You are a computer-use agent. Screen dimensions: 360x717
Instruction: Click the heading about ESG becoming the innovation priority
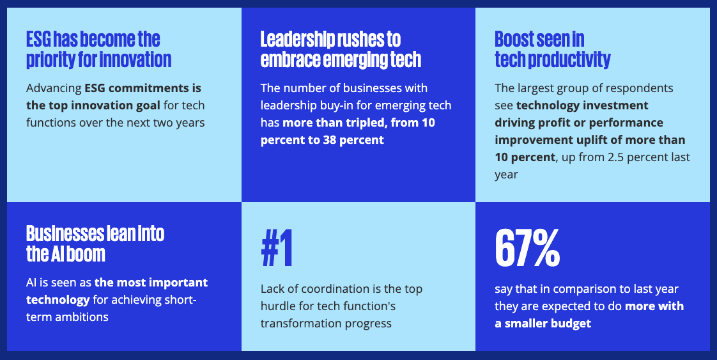(98, 49)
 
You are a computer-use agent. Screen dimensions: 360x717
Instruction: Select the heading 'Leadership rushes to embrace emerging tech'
(341, 49)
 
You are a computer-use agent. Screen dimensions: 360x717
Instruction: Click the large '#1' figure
(277, 249)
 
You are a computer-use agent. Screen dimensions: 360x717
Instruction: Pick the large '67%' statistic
(527, 249)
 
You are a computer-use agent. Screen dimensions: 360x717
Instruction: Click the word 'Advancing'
(53, 88)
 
